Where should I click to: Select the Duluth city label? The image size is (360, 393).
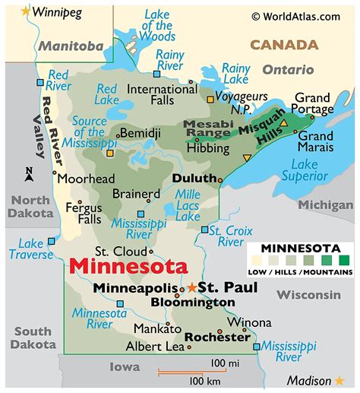(193, 178)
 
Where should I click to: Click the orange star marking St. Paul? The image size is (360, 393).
(192, 287)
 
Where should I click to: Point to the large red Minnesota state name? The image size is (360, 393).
(127, 268)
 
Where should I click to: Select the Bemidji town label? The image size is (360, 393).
(144, 133)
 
